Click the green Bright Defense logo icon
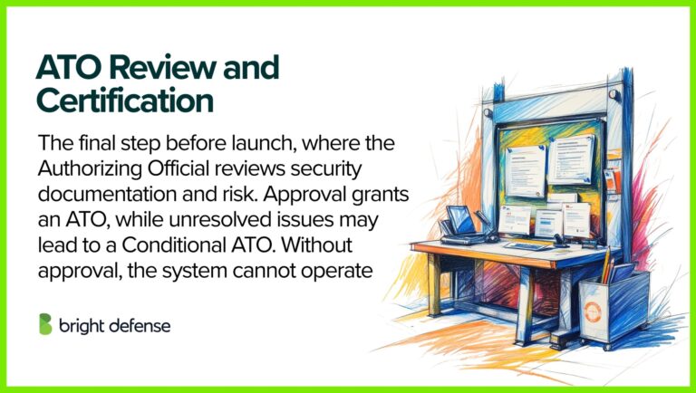[45, 324]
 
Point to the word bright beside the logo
[83, 325]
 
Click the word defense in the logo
[140, 325]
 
